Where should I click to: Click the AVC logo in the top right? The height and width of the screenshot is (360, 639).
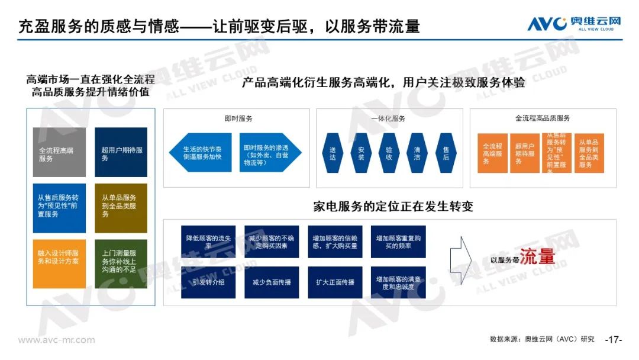(574, 24)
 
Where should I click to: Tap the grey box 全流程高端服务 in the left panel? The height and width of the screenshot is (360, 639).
(59, 152)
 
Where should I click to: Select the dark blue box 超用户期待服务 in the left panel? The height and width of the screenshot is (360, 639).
(121, 152)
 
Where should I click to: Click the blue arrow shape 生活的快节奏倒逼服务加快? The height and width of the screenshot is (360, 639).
(201, 153)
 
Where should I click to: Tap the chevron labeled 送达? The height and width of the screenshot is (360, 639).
(333, 153)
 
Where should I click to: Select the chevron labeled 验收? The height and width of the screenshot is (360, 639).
(389, 153)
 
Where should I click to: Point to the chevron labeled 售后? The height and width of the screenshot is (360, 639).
(446, 153)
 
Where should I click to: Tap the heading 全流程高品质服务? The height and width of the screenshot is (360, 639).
(542, 118)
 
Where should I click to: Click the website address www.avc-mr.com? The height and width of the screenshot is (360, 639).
(56, 340)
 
